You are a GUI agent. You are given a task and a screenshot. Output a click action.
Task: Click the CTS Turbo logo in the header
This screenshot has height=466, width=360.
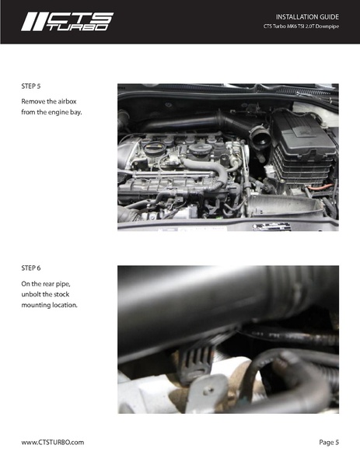coord(67,22)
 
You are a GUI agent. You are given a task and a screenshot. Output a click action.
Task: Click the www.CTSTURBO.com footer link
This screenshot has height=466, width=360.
coord(52,442)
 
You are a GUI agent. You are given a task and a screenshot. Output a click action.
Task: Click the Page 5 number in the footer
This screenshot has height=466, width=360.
coord(329,442)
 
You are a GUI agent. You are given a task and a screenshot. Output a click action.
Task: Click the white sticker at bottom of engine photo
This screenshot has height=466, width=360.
coord(271,226)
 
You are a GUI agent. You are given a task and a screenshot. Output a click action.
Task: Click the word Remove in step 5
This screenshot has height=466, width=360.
coord(34,102)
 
